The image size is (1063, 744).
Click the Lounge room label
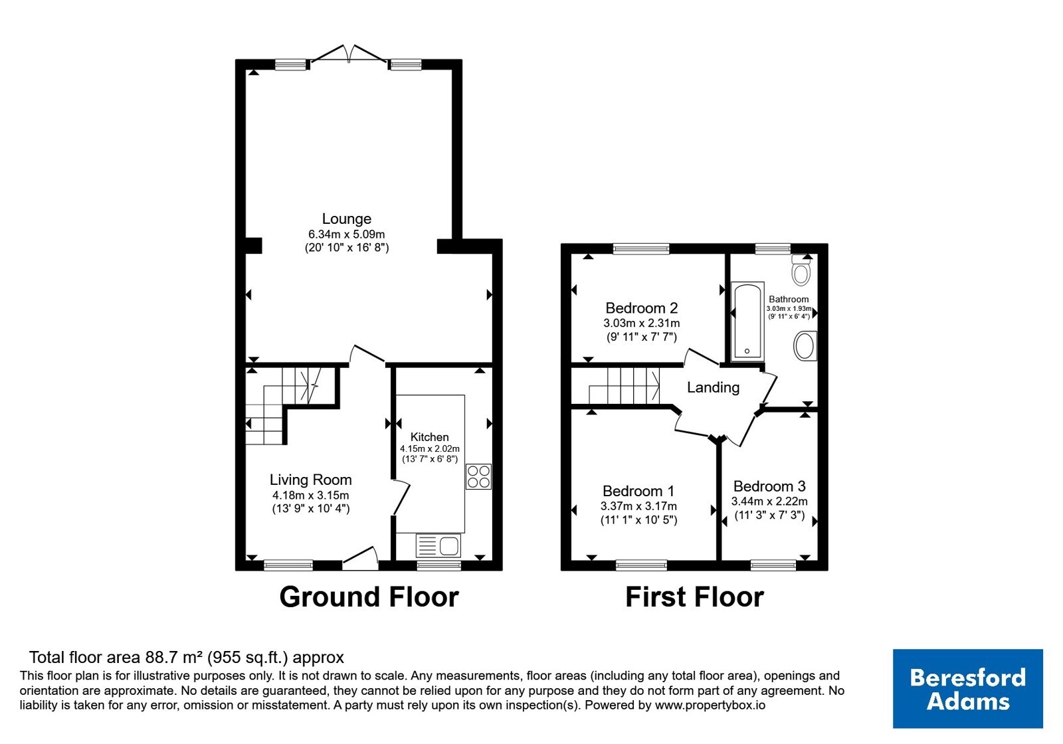[346, 219]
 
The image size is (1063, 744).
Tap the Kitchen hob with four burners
[478, 476]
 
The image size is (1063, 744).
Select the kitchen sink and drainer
[438, 545]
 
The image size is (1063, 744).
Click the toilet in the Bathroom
[801, 270]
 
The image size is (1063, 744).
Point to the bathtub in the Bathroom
[747, 321]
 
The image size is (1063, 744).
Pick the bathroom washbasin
[805, 346]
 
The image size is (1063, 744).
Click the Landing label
[714, 388]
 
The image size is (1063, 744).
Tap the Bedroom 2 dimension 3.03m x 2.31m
[642, 324]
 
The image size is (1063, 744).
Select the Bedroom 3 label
[769, 486]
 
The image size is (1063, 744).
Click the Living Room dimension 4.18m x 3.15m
[311, 496]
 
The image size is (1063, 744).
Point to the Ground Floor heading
[369, 597]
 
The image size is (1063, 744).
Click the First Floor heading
[695, 597]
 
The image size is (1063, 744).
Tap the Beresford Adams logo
[968, 688]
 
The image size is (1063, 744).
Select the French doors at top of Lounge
[349, 54]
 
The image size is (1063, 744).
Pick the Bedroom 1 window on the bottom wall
[641, 565]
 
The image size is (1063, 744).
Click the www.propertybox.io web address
[710, 705]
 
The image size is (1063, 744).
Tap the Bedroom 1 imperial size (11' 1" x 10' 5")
[638, 520]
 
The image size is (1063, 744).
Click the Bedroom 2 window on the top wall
[641, 248]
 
